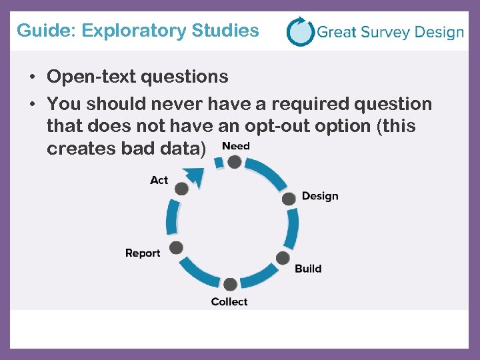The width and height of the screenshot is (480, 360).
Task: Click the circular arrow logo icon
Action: click(x=300, y=31)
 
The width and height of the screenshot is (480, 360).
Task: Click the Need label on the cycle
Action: click(x=235, y=146)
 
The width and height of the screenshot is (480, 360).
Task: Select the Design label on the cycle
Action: click(x=320, y=196)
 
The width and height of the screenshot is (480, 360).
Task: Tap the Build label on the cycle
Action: click(x=308, y=269)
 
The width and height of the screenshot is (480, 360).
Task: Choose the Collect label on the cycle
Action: click(x=229, y=302)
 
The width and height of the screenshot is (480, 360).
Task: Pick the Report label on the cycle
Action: click(x=143, y=253)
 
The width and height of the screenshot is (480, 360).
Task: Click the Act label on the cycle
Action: click(x=159, y=180)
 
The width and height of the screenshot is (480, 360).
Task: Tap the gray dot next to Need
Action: click(x=234, y=162)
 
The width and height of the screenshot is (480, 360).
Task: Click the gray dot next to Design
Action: click(x=289, y=198)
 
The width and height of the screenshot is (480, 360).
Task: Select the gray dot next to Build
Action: click(x=283, y=258)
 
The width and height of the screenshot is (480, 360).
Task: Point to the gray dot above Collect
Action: click(x=230, y=285)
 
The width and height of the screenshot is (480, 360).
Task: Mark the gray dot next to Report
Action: click(x=176, y=248)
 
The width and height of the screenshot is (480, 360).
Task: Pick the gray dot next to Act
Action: click(x=181, y=188)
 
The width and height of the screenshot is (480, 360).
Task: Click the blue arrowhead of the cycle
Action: click(x=195, y=175)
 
